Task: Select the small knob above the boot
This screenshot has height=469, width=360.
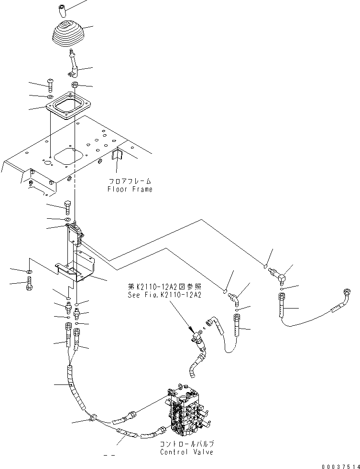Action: [61, 11]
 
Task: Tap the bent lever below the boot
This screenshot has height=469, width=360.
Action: [73, 63]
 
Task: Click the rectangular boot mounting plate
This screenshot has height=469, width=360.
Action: [68, 106]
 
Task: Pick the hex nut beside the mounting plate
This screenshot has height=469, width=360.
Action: [75, 85]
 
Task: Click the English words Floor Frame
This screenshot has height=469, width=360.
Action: [130, 189]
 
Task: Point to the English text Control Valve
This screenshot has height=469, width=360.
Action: [186, 452]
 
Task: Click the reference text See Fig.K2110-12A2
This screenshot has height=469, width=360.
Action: [164, 295]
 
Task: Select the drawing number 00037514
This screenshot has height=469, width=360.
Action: [341, 466]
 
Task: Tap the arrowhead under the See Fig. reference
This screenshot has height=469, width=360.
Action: [191, 330]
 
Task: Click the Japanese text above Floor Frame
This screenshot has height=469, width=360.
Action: [130, 181]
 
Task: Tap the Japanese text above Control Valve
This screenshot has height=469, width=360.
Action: [187, 444]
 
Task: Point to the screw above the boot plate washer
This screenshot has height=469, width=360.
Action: [50, 85]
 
